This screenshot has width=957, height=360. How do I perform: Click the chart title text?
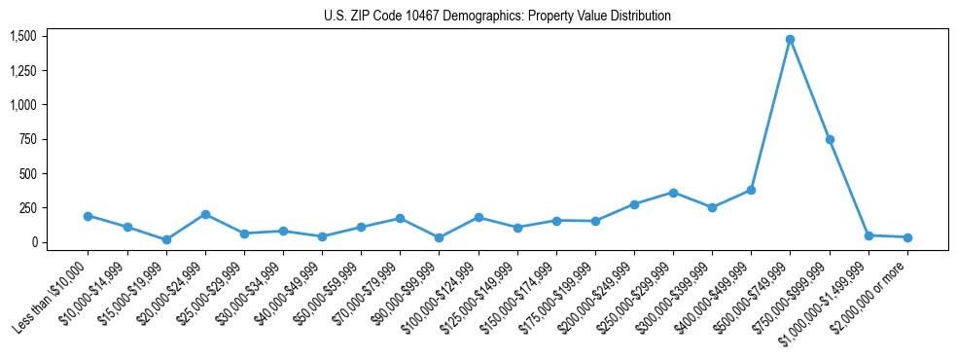coord(497,17)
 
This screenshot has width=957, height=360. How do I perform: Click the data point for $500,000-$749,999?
coord(790,40)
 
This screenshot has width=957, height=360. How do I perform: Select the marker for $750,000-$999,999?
coord(829,139)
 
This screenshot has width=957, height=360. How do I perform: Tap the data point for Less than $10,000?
coord(88,216)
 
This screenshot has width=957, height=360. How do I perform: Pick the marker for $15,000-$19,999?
coord(166,239)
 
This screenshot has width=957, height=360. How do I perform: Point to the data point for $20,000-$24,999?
coord(205,214)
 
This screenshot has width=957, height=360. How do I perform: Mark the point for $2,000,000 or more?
coord(906,237)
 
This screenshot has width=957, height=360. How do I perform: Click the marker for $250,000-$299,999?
coord(673,193)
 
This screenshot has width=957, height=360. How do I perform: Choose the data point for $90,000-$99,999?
coord(439,237)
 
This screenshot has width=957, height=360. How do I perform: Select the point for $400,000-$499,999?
coord(751,190)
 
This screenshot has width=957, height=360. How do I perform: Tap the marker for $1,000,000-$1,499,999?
coord(868,235)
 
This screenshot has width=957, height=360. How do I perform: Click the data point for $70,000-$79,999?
coord(400,219)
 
